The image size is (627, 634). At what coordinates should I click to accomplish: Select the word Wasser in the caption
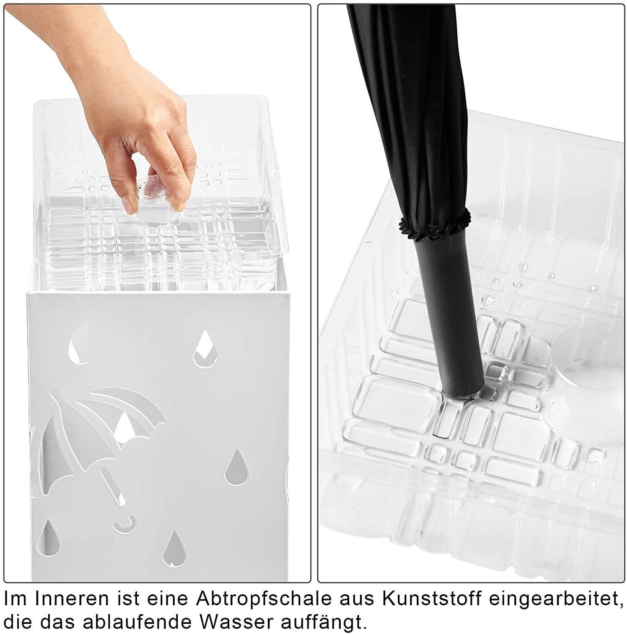[236, 622]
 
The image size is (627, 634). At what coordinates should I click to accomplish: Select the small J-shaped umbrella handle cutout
[126, 524]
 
